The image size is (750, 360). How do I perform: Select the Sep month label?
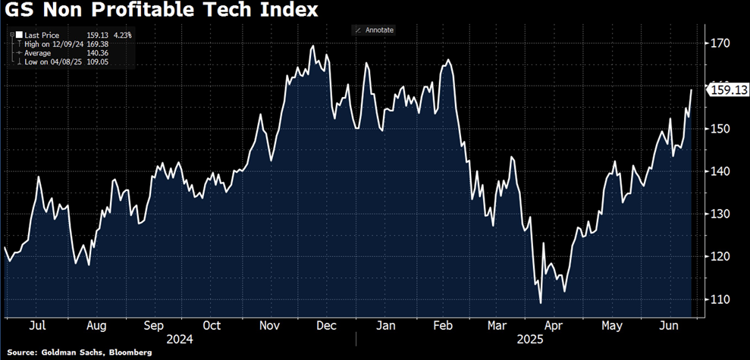154,325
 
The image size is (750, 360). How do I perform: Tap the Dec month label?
326,325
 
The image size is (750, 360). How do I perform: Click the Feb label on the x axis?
442,325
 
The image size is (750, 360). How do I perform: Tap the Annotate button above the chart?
374,30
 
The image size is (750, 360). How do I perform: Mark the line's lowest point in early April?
541,303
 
